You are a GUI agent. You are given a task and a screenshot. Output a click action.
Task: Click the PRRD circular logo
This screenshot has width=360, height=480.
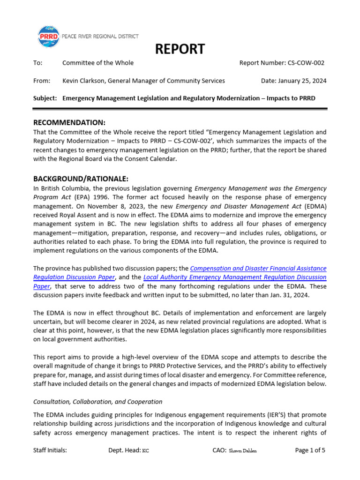(x=48, y=37)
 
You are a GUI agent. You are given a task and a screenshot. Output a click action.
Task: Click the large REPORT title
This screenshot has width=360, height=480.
(x=180, y=49)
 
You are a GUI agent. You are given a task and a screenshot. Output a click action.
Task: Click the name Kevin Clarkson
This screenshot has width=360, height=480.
(x=84, y=81)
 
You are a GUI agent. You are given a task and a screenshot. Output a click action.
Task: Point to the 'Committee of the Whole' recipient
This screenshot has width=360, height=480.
(x=98, y=63)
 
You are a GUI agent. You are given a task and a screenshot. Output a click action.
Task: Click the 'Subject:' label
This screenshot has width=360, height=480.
(x=45, y=98)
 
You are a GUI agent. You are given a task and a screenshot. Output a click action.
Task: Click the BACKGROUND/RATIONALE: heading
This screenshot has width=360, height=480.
(x=81, y=179)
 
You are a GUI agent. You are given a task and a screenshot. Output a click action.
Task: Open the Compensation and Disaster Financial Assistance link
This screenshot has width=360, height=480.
(x=258, y=269)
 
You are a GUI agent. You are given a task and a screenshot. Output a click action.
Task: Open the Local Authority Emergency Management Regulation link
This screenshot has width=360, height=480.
(x=235, y=277)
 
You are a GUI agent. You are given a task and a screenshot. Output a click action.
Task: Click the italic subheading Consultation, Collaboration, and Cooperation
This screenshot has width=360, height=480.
(x=97, y=402)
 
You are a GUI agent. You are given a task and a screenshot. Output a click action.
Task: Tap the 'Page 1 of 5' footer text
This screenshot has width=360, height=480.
(x=310, y=450)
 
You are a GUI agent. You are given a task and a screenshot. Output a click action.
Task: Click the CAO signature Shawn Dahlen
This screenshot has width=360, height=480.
(x=243, y=451)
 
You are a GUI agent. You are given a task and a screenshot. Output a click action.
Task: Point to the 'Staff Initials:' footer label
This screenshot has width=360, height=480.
(x=50, y=450)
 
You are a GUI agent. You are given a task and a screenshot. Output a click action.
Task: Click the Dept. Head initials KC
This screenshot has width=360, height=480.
(x=146, y=451)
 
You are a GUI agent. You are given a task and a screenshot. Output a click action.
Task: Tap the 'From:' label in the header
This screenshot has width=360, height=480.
(x=42, y=81)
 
